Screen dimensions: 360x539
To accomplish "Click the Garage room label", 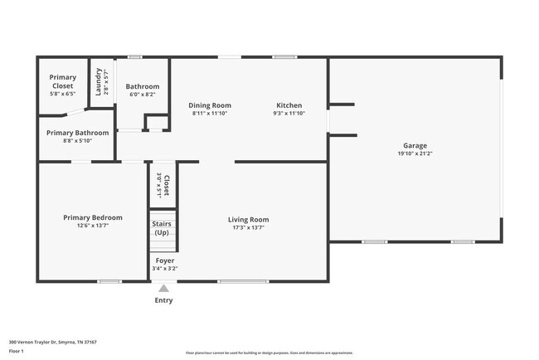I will point(415,145).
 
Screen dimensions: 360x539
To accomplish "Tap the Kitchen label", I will point(289,105).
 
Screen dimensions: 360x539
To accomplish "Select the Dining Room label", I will point(210,105).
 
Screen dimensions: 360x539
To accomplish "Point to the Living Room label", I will point(249,220).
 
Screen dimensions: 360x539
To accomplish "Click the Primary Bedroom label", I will point(93,217).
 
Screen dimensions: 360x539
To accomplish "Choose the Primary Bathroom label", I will point(77,133).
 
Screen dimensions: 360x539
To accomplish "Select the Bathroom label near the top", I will point(143,86).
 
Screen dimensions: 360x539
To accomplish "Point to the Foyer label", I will point(165,260).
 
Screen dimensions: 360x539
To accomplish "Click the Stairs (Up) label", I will point(161,228).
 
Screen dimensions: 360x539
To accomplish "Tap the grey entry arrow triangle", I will point(164,289).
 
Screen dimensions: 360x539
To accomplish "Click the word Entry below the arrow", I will point(164,300).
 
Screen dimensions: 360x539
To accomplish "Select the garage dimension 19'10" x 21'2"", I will point(415,153).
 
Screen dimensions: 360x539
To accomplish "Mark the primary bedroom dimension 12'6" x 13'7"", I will point(93,225).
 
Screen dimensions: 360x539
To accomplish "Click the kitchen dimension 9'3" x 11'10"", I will point(289,113).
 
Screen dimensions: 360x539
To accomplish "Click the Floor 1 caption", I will point(17,351).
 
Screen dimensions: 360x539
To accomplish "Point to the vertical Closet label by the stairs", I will point(167,185).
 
